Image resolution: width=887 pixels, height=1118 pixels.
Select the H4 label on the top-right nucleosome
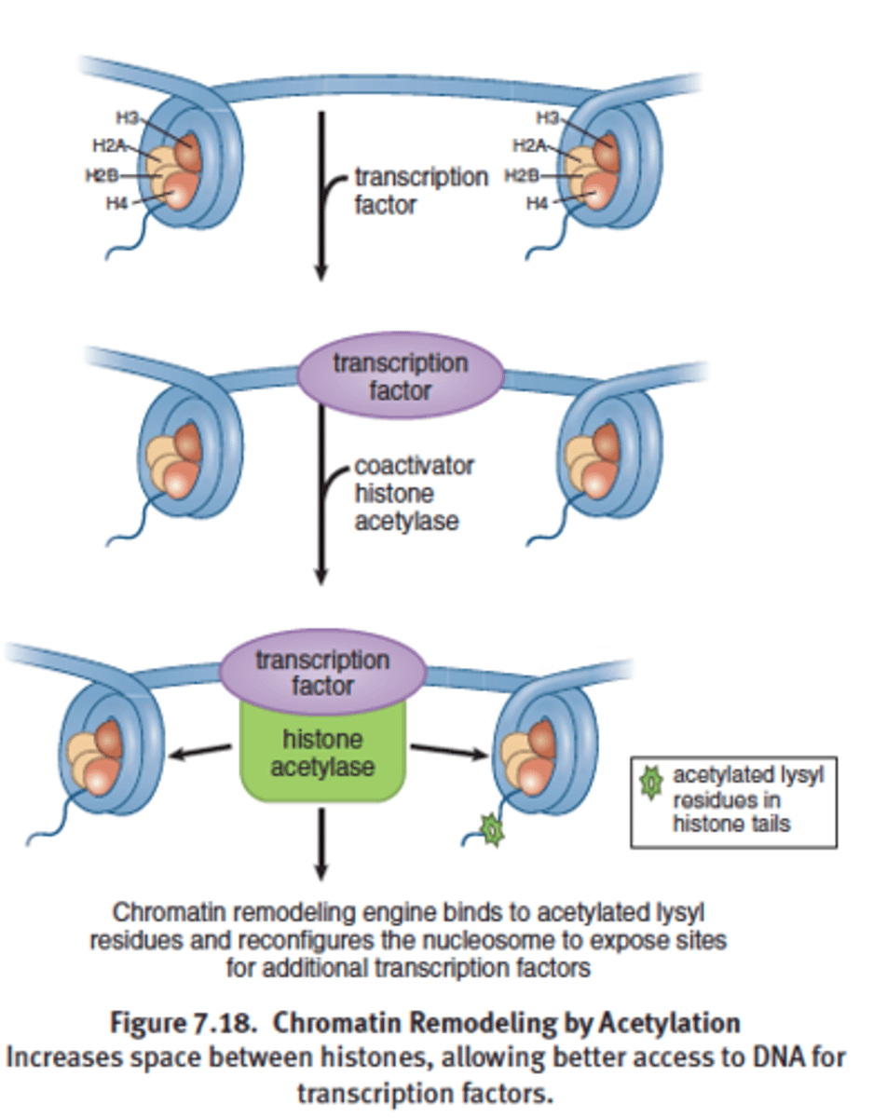tap(537, 204)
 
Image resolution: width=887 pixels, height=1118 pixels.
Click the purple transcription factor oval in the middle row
tap(401, 375)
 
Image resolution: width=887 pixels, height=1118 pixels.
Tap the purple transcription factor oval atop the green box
tap(322, 673)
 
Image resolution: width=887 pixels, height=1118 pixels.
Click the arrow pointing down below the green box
tap(321, 843)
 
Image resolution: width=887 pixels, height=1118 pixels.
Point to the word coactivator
tap(414, 465)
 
